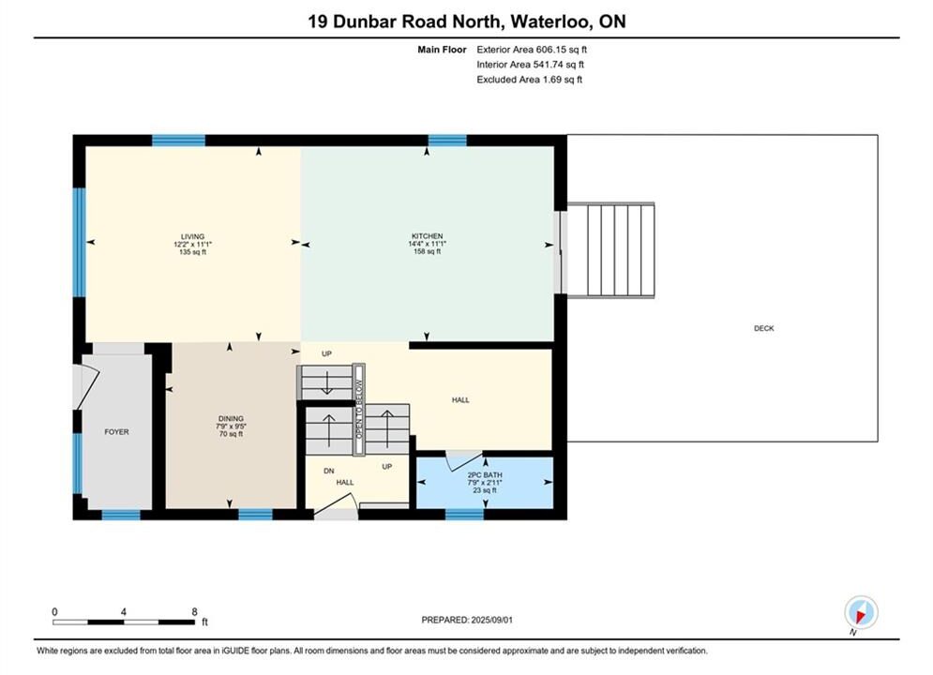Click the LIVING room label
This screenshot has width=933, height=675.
[x=193, y=236]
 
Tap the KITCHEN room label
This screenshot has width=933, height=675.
[x=428, y=236]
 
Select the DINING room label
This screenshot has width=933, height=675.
[x=231, y=419]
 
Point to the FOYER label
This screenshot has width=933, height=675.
[x=116, y=432]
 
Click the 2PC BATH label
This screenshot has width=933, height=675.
[x=485, y=475]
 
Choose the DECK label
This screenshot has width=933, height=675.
[x=764, y=328]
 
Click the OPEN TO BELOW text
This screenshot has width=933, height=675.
[x=359, y=409]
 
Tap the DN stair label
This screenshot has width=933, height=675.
[x=329, y=471]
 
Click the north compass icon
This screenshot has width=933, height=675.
[x=861, y=612]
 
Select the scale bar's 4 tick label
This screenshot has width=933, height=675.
[x=124, y=612]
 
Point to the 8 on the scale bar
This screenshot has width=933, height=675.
[x=195, y=612]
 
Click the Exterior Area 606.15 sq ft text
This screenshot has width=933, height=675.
[x=532, y=50]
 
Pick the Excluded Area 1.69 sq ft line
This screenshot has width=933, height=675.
[x=530, y=80]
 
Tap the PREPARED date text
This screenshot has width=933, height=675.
[x=467, y=620]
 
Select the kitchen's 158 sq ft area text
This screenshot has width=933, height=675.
[x=428, y=251]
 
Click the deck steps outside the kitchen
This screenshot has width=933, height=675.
[x=611, y=249]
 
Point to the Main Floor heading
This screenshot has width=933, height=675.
[x=442, y=50]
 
